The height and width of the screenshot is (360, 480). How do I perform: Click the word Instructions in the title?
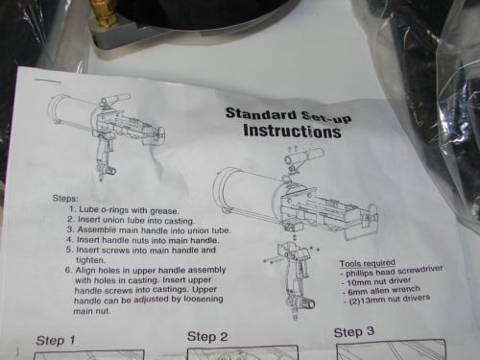[292, 132]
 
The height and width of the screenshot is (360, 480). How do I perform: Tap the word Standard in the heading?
[261, 114]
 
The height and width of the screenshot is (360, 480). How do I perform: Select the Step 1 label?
[56, 340]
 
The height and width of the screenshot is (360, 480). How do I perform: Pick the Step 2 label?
[207, 336]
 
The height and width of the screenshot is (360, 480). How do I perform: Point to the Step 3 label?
[354, 332]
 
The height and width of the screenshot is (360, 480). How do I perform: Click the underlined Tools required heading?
[368, 263]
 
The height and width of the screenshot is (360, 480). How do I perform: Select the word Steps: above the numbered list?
[65, 199]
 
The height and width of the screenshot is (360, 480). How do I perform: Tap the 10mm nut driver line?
[376, 282]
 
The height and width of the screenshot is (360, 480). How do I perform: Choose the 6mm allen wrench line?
[381, 291]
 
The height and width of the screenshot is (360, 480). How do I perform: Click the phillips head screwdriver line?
[392, 272]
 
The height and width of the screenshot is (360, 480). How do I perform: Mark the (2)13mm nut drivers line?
[389, 300]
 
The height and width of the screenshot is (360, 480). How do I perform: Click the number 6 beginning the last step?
[68, 271]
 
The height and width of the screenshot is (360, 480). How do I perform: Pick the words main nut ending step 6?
[92, 311]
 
